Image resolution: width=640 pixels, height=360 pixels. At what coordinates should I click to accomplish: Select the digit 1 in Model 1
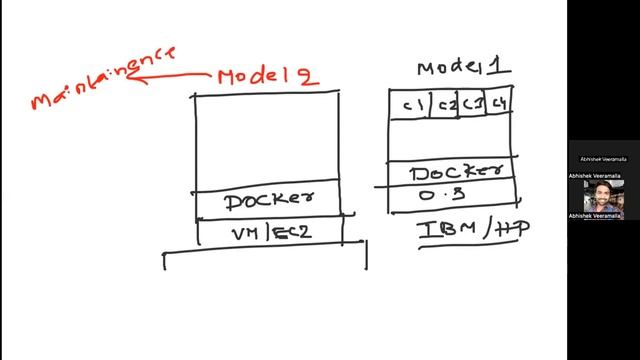pos(496,67)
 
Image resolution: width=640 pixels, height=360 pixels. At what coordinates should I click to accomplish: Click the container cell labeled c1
pos(411,104)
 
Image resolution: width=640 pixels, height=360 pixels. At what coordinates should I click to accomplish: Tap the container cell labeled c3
pos(472,104)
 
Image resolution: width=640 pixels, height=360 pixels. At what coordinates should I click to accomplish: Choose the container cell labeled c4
pos(499,104)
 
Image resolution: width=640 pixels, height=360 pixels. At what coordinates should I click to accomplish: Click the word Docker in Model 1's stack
pos(451,172)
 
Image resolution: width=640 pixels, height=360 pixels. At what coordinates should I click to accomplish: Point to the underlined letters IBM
pos(438,229)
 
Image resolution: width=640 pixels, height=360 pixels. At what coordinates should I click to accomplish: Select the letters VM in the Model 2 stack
pos(247,233)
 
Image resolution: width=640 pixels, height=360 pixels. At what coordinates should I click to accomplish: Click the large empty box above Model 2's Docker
pos(266,140)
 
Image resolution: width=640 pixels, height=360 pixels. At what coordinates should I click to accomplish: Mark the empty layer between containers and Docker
pos(451,138)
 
